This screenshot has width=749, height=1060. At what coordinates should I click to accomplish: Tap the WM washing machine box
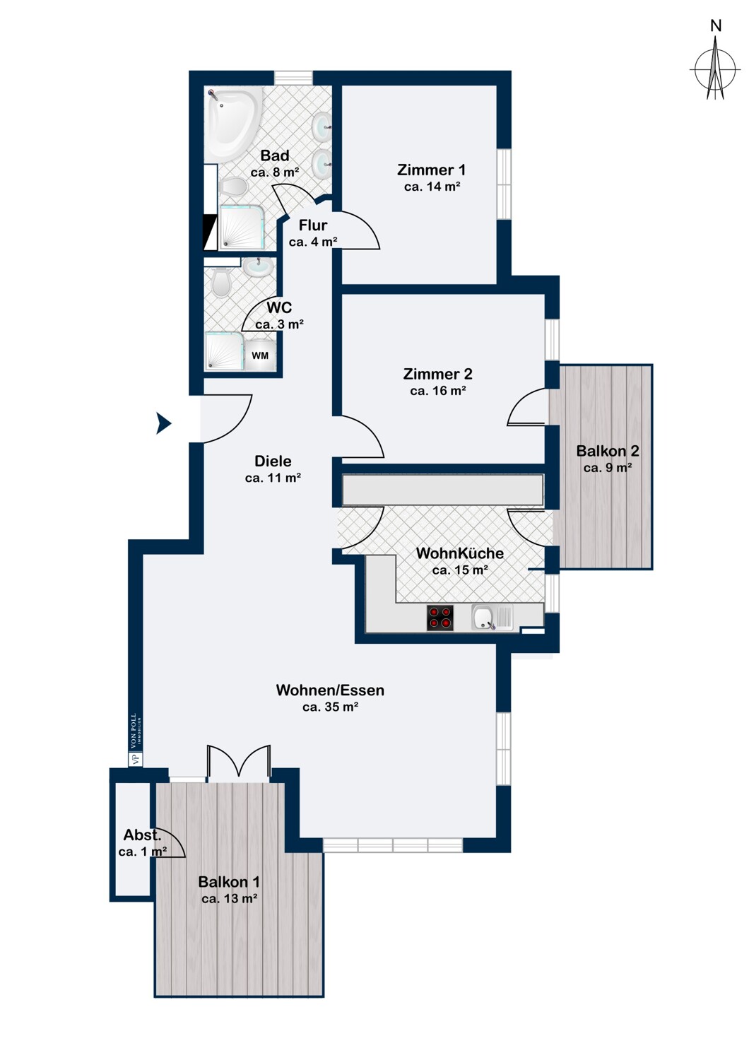[260, 355]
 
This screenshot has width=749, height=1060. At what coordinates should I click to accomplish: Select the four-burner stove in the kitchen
[440, 618]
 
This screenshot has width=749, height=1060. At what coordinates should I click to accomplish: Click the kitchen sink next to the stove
[492, 618]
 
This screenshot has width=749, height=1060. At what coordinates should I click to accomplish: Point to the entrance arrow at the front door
[164, 423]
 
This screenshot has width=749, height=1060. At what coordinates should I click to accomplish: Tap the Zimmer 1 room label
[432, 170]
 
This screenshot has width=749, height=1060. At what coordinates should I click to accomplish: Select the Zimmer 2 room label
[437, 374]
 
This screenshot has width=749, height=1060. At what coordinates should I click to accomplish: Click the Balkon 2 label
[608, 451]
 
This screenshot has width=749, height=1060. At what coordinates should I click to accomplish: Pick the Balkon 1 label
[229, 882]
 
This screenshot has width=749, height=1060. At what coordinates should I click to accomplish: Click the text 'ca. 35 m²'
[330, 707]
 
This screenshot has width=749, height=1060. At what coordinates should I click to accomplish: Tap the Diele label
[273, 461]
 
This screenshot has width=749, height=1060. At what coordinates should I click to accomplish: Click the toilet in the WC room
[221, 283]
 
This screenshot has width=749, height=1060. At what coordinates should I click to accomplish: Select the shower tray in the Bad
[242, 227]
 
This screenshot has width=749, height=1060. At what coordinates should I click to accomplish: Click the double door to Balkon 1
[238, 761]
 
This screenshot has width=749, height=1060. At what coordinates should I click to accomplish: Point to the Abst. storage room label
[143, 835]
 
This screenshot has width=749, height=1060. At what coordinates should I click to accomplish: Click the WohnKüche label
[460, 553]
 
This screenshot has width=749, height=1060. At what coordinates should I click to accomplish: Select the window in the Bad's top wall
[293, 78]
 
